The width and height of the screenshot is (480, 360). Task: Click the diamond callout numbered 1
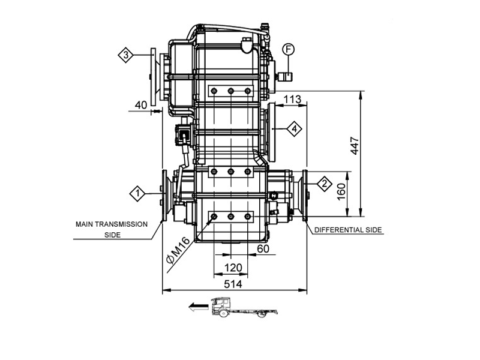(137, 193)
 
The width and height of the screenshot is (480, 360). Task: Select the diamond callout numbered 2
(325, 184)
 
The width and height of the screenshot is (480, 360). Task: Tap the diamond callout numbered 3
(125, 55)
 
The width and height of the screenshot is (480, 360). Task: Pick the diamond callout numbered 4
(294, 128)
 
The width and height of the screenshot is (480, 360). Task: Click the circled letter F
(288, 49)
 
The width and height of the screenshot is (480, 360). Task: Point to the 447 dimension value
(355, 146)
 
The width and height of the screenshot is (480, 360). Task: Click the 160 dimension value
(341, 192)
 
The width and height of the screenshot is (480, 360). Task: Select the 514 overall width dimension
(233, 284)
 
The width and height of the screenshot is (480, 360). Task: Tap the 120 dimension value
(233, 268)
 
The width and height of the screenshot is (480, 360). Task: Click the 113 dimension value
(292, 100)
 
